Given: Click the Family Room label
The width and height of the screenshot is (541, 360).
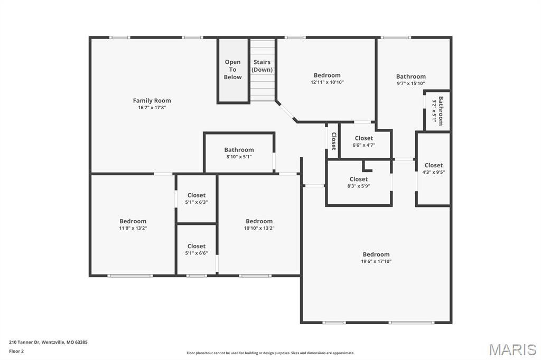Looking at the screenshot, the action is pos(152,100).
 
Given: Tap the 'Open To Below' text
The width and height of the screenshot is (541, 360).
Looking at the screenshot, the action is pos(232,69).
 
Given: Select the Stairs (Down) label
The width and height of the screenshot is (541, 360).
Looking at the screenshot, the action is pos(262,66).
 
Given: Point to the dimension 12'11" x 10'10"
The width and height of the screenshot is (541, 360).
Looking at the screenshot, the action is pos(327,82).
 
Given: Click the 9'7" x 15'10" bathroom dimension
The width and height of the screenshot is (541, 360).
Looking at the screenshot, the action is pos(411,83).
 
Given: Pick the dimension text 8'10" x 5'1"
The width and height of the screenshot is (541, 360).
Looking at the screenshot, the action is pos(239,157).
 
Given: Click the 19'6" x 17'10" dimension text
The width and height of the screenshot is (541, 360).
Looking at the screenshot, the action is pos(376,261).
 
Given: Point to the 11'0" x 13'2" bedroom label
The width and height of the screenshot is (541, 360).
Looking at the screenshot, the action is pos(133,228).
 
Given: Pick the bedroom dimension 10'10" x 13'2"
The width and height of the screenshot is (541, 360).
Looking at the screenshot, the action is pos(259,228).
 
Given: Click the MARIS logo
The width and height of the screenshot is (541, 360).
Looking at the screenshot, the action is pos(512,349).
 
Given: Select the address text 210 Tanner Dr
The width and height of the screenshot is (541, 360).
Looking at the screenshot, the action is pos(24,343).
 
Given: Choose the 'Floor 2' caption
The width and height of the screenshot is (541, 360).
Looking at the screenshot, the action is pos(16,352).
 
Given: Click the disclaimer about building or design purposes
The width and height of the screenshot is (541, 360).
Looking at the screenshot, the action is pos(270,353).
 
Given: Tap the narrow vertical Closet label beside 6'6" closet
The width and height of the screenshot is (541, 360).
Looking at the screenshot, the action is pos(334,141).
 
